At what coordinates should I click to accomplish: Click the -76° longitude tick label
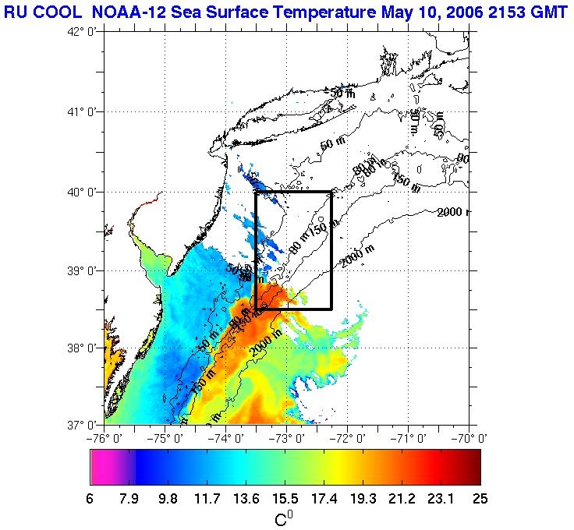click(105, 437)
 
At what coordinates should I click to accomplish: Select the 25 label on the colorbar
click(479, 500)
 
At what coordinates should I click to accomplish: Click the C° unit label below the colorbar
click(285, 518)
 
